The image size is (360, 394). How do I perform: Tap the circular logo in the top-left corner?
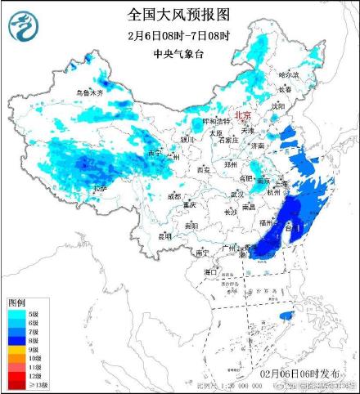click(24, 28)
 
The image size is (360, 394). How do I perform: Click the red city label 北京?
click(243, 115)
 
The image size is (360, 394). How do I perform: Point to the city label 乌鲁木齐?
click(89, 93)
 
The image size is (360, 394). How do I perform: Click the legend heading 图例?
click(18, 303)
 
